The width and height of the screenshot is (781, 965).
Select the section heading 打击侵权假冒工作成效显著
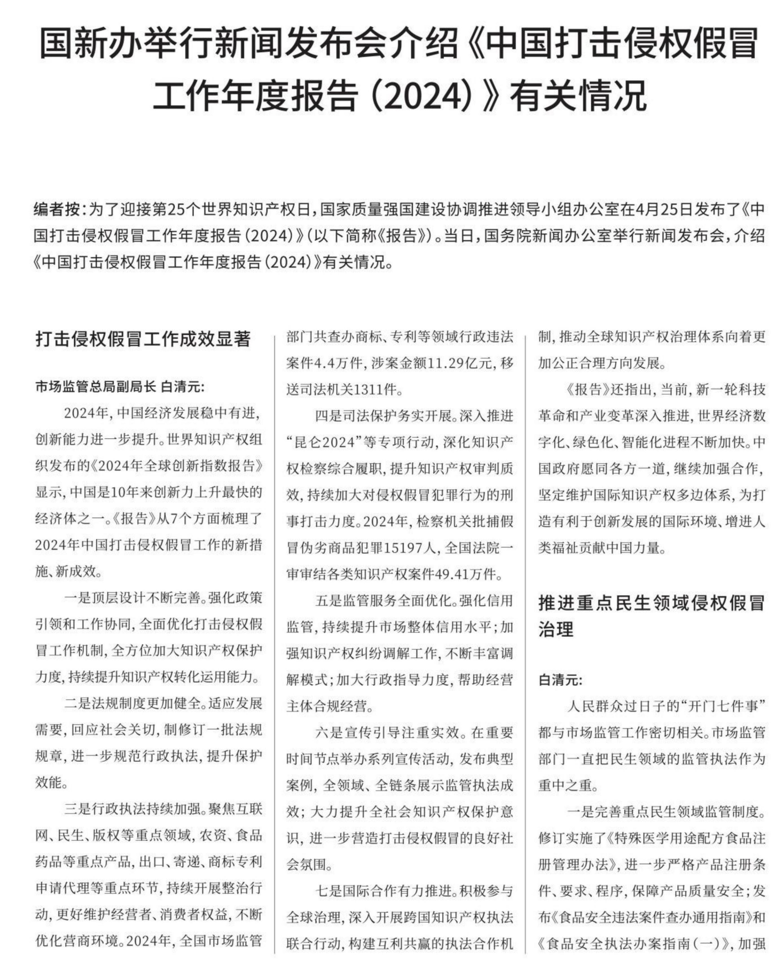(143, 339)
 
